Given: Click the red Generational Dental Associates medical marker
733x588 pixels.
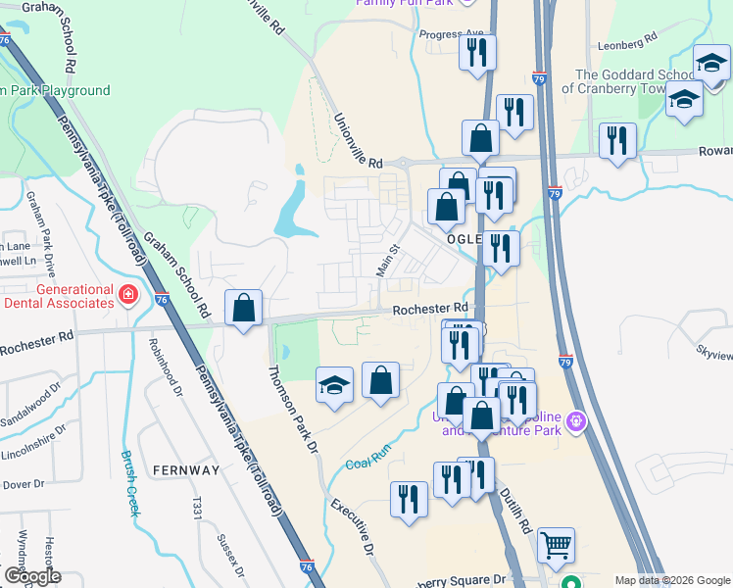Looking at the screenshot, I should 128,294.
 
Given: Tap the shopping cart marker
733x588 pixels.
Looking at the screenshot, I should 556,545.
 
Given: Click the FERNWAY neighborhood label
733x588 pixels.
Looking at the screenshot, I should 186,470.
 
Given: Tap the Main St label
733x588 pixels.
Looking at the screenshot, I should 389,261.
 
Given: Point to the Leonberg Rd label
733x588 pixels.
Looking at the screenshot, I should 626,42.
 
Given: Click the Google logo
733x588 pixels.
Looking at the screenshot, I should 31,576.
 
